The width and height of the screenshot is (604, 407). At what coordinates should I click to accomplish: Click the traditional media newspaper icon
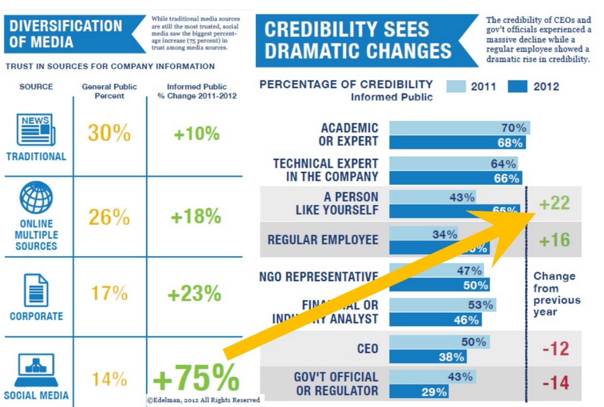click(36, 129)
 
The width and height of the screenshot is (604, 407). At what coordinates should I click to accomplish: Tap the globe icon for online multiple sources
click(36, 198)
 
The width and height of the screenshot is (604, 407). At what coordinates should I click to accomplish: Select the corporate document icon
click(36, 290)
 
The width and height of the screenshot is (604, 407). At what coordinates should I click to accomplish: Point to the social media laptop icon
click(36, 369)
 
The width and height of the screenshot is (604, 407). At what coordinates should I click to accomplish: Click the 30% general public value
click(109, 133)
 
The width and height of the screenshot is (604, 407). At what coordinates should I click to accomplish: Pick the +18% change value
click(195, 217)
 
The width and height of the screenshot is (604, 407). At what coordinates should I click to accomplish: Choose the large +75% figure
click(196, 378)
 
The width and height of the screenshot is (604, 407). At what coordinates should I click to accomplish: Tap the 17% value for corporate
click(109, 293)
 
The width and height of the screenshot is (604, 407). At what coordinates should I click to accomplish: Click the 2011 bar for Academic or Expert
click(459, 128)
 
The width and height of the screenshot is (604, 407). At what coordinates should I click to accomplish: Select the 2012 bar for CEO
click(427, 357)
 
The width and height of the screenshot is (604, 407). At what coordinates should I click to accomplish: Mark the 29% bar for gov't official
click(419, 392)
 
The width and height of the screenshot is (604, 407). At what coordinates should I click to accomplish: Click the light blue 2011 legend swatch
click(456, 86)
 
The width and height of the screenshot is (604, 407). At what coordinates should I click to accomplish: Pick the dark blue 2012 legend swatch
click(517, 86)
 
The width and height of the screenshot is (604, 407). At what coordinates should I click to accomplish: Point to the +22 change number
click(554, 203)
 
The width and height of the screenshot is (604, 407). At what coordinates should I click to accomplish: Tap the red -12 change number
click(556, 349)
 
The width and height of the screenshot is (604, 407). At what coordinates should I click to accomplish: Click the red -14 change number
click(556, 383)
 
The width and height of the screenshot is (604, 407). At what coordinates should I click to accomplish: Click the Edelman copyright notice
click(203, 400)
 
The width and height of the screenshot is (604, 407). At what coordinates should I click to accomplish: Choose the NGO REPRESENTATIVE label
click(318, 276)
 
